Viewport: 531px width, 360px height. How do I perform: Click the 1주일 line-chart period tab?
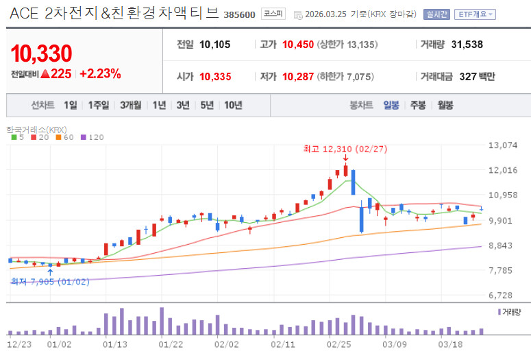(x=99, y=105)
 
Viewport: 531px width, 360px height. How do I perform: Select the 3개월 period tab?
(x=130, y=105)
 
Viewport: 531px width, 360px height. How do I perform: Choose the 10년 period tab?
(x=233, y=105)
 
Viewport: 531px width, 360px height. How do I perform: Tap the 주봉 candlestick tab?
(x=418, y=105)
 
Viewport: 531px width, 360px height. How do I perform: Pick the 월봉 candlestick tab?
(x=445, y=105)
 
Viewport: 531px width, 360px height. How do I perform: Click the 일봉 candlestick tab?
(x=391, y=105)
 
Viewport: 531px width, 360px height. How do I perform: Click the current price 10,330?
(x=42, y=53)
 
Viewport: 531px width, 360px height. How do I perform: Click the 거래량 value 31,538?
(x=467, y=45)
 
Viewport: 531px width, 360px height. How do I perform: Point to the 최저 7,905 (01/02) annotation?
(x=50, y=281)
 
